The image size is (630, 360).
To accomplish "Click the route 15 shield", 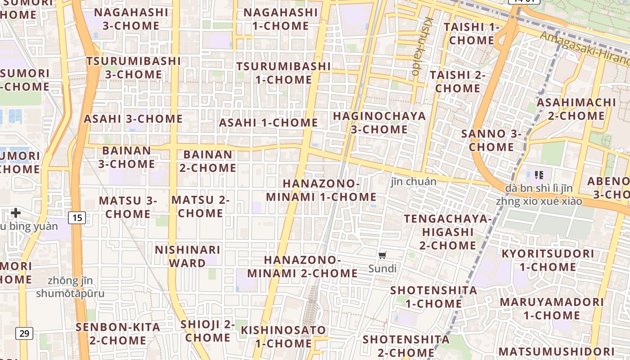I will point(77,218).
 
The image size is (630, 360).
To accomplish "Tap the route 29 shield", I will point(24,333).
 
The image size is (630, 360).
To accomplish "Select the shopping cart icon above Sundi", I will point(382,256).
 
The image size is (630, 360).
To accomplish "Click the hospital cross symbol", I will point(16,212).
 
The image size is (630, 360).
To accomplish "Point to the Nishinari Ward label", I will point(188,256).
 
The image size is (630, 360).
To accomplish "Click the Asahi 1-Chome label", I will point(268,123).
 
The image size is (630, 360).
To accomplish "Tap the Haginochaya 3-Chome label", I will point(379,123).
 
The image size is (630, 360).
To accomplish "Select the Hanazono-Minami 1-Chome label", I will point(321,190).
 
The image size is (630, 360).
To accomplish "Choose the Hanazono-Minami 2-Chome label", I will point(302,267).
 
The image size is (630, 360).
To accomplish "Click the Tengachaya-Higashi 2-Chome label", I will point(447,232).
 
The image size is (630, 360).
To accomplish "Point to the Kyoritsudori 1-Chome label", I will point(548,260).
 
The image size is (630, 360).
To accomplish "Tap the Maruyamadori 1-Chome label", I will point(551,308).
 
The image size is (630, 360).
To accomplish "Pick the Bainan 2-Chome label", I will point(208,161).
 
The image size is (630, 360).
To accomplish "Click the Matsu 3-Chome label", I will point(128,207).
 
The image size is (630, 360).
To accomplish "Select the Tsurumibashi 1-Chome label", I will point(283,73).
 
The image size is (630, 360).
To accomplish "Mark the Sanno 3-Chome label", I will point(491,140).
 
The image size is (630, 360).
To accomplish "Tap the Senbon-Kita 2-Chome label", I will point(118,333).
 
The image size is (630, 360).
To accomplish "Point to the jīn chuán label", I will point(414,182).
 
